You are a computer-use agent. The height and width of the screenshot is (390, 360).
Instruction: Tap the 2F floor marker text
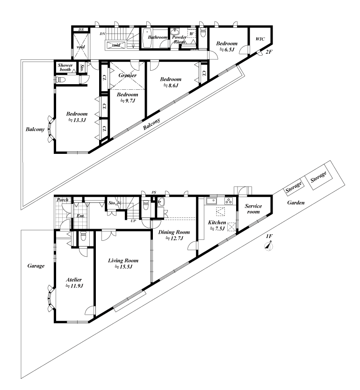point(268,52)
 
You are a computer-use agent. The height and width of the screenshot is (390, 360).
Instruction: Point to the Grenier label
point(127,75)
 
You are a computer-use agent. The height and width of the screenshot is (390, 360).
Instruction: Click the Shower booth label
point(65,68)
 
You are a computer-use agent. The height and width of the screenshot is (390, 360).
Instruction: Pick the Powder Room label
point(180,39)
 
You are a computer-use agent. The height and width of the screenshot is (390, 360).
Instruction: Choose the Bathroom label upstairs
point(158,36)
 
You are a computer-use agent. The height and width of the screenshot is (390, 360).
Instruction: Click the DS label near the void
point(80,30)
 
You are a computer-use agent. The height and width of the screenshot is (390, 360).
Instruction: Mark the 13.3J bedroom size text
point(76,120)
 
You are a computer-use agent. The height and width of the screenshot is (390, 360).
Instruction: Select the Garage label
point(36,266)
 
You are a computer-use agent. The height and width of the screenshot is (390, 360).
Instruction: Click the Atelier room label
point(74,280)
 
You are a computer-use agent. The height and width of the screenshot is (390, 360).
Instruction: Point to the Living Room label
point(123,260)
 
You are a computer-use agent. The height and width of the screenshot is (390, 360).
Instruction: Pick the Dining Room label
point(173,232)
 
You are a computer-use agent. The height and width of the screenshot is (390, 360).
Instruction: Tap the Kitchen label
point(217,223)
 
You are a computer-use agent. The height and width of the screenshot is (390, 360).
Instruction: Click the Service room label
point(253,209)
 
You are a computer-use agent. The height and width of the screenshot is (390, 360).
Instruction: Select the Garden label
point(295,203)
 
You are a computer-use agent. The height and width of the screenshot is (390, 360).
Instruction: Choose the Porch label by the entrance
point(63,200)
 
